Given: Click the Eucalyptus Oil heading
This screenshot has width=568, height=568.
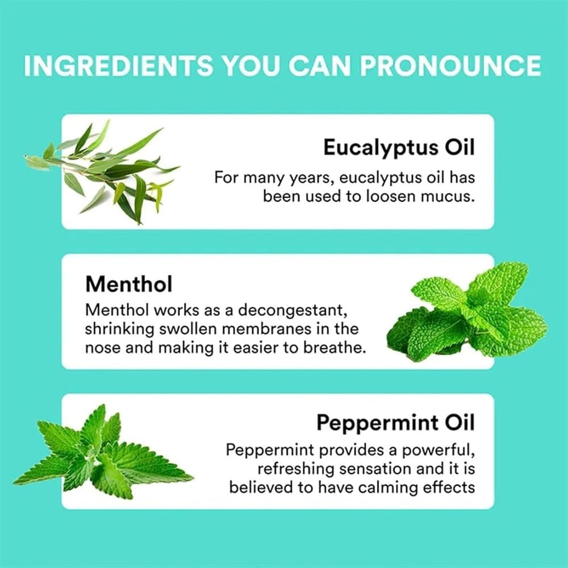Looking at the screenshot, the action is [399, 148].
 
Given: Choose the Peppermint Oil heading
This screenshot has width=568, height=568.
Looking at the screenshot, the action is [395, 423].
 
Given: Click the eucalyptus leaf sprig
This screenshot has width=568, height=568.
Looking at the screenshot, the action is [102, 172].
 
